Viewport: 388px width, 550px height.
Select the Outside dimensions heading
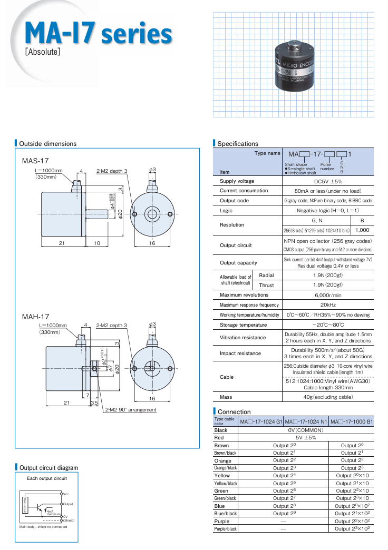[x=47, y=143]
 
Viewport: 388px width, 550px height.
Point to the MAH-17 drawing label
[x=35, y=316]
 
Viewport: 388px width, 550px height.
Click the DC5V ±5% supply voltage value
[x=328, y=181]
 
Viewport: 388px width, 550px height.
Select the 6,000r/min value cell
[x=328, y=295]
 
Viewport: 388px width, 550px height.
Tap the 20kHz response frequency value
[x=328, y=305]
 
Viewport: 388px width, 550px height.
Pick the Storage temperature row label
[x=243, y=325]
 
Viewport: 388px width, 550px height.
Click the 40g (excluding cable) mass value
[x=328, y=397]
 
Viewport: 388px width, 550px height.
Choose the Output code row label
[x=234, y=201]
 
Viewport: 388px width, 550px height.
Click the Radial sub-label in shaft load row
[x=266, y=275]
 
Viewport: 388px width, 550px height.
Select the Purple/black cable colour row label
[x=226, y=528]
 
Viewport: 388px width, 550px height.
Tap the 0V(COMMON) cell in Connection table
[x=306, y=430]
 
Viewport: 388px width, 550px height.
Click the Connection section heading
[x=234, y=411]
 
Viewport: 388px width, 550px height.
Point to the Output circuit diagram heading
[x=48, y=467]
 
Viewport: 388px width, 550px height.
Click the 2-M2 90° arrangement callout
[x=130, y=409]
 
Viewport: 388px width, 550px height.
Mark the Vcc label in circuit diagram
[x=66, y=494]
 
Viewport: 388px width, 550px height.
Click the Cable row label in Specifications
[x=227, y=377]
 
